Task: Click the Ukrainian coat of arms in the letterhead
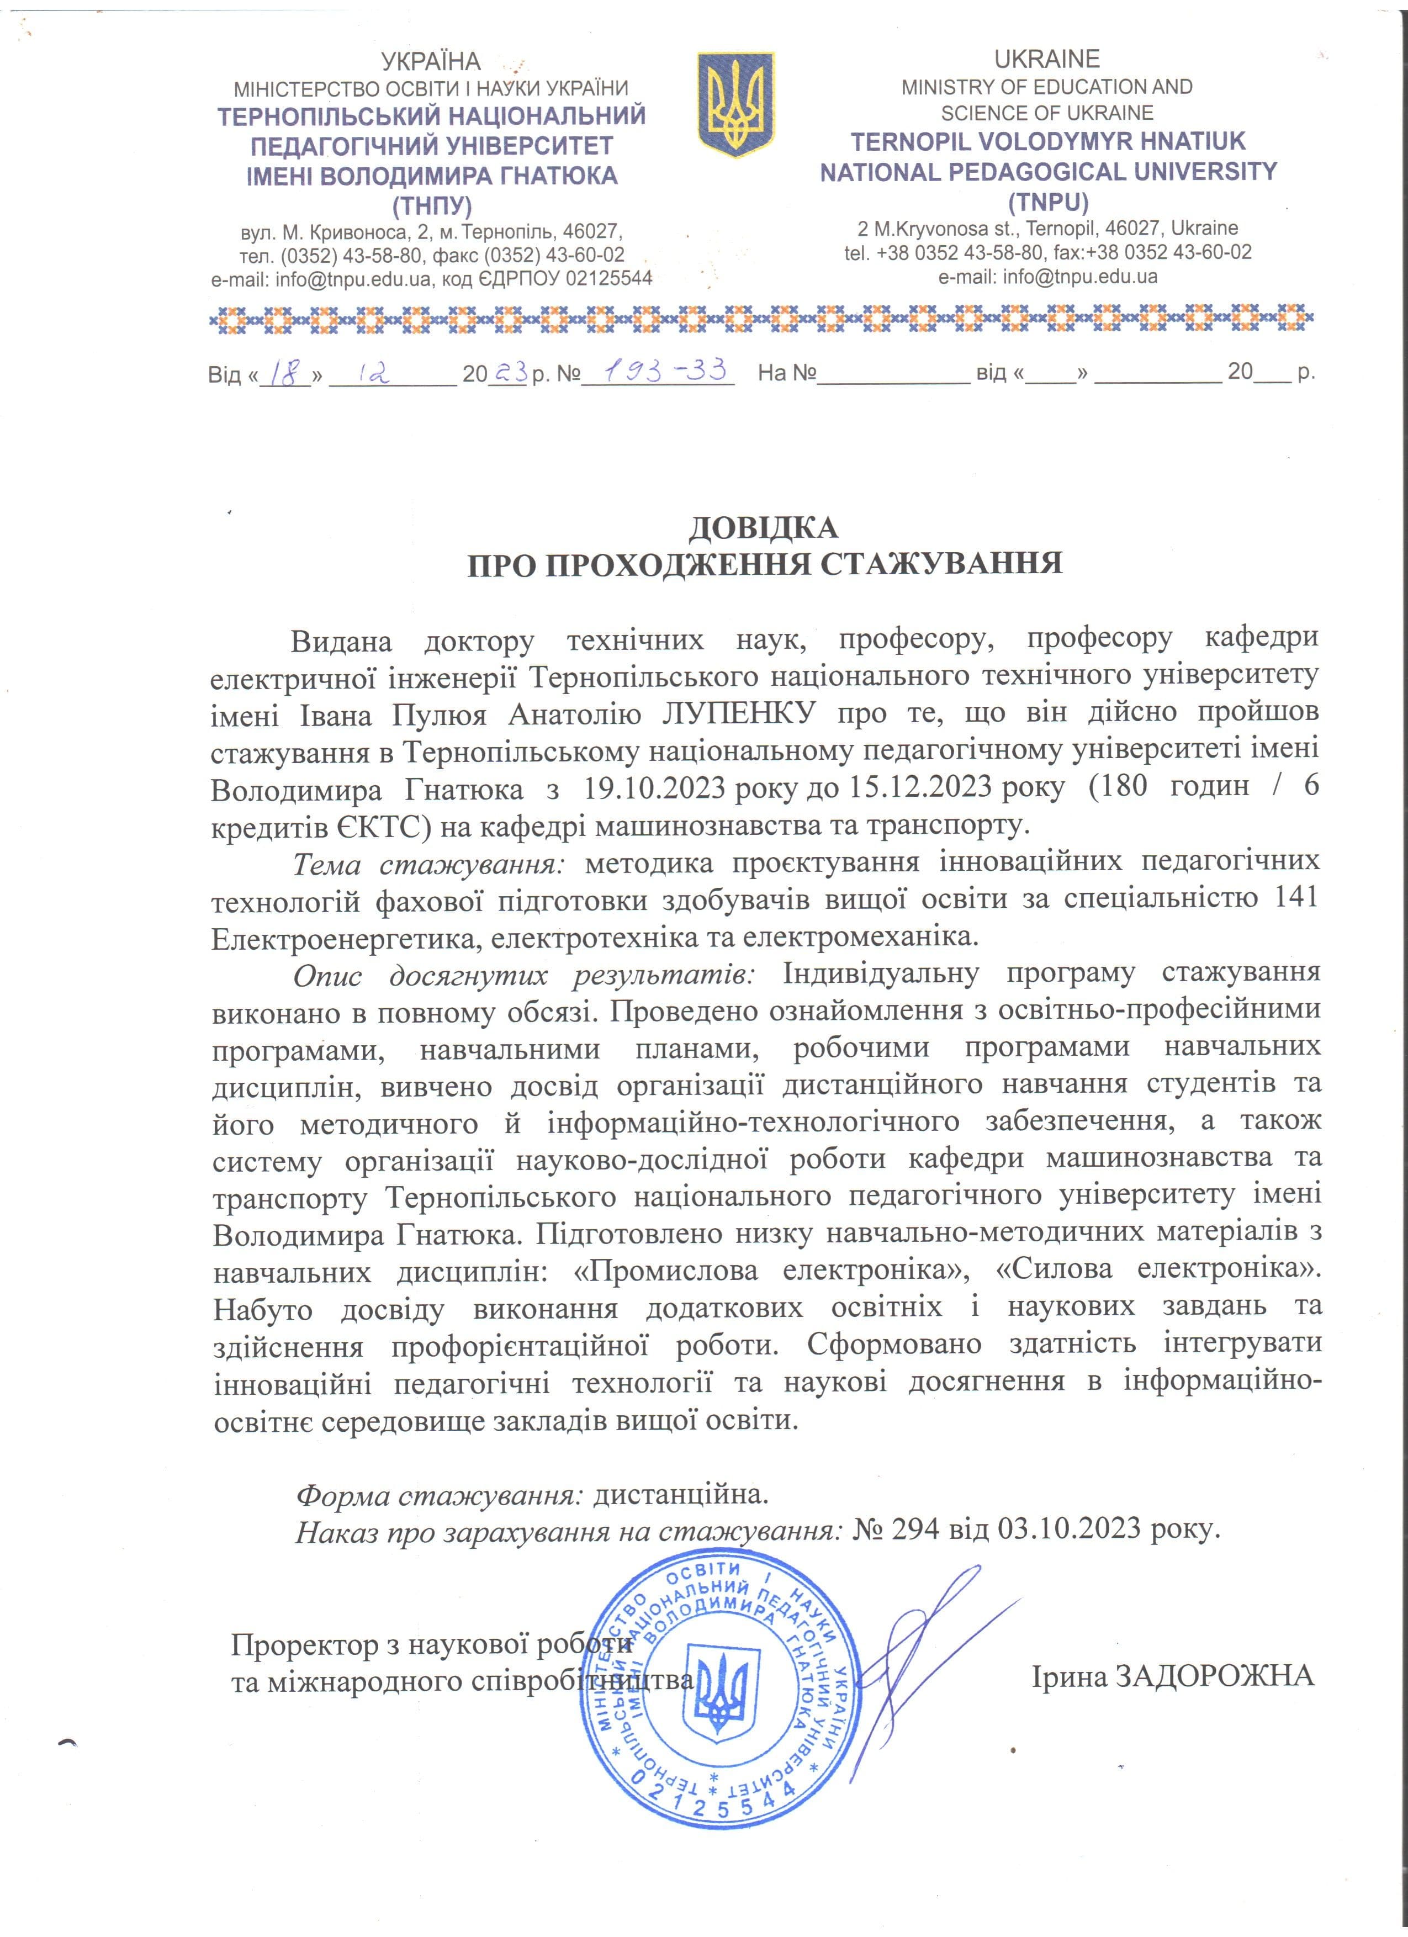pos(735,104)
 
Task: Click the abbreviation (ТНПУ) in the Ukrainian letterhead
pos(431,206)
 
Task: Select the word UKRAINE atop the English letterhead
pos(1047,59)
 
